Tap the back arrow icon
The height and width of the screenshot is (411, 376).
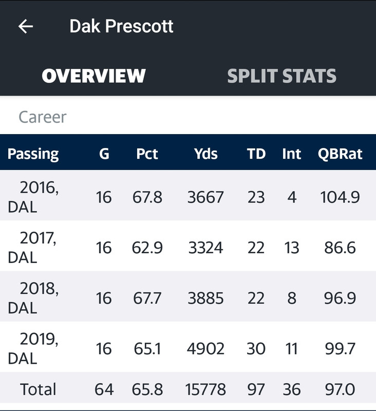25,26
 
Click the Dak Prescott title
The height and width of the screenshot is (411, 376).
121,26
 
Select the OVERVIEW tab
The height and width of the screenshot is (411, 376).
93,76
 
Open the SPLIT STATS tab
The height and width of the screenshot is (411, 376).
281,76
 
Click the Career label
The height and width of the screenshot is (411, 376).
43,117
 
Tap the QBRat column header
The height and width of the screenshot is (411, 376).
340,154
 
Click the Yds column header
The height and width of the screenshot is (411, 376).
205,154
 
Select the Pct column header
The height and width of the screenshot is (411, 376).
147,154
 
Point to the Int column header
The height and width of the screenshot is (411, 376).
291,154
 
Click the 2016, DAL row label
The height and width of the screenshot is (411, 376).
33,197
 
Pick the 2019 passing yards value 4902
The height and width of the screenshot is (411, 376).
205,349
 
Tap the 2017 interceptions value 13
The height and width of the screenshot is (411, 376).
292,248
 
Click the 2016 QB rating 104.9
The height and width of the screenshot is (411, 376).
340,197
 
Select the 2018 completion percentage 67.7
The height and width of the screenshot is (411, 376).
147,298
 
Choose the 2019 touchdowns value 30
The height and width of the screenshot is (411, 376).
256,349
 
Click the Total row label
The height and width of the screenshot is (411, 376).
38,389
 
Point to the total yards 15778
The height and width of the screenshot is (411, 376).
205,389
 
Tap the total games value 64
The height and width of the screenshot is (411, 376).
104,389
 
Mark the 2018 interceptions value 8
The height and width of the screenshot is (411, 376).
292,298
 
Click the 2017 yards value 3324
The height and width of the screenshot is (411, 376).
205,248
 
